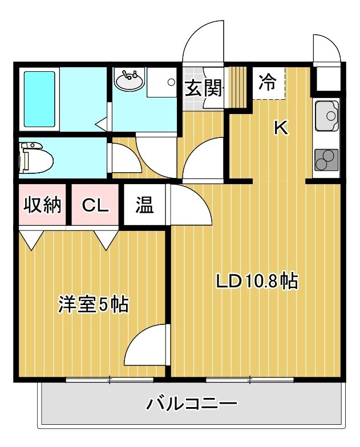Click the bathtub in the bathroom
coord(39,99)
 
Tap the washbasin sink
coord(129,80)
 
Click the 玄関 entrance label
coord(203,88)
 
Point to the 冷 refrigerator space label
coord(268,82)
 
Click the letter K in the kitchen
coord(281,128)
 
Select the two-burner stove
coord(326,160)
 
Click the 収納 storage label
coord(42,204)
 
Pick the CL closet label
coord(95,205)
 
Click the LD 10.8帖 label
coord(257,281)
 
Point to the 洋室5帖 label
coord(94,304)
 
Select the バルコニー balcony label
coord(192,404)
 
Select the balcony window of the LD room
coord(250,380)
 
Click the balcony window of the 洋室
coord(110,380)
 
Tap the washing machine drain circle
coord(171,82)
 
